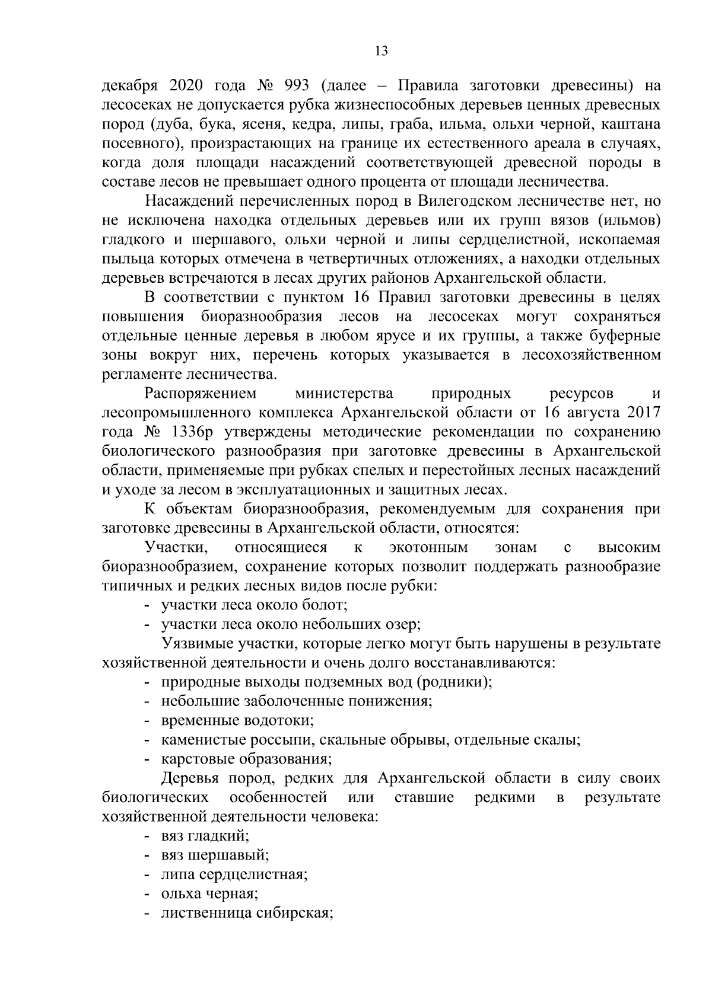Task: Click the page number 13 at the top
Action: tap(382, 51)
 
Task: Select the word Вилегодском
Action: tap(457, 201)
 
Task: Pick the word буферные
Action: tap(622, 336)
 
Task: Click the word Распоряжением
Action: tap(201, 393)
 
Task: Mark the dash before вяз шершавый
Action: tap(146, 855)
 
